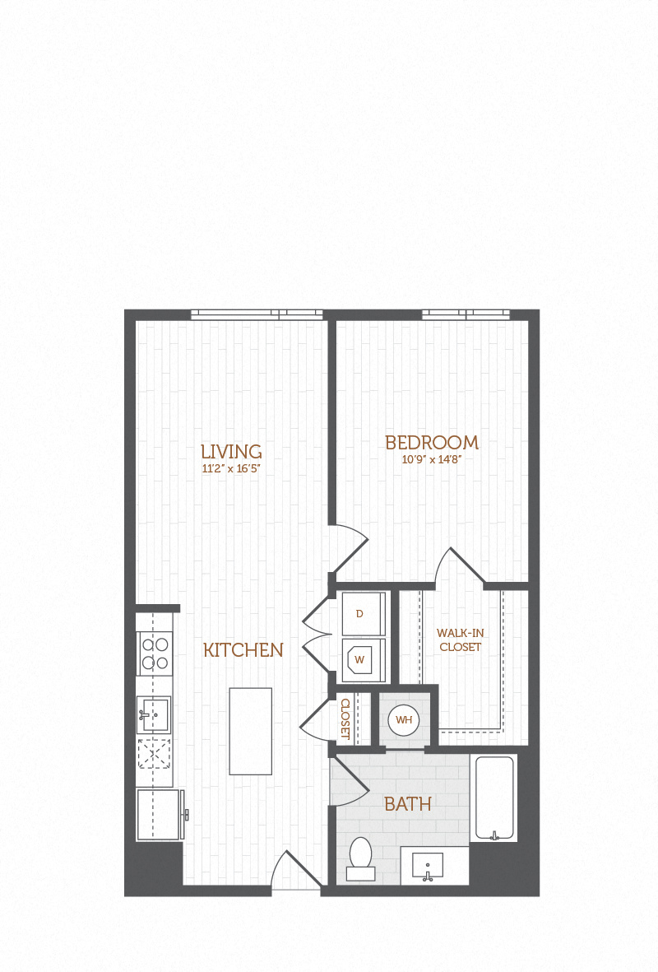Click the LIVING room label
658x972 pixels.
(x=231, y=451)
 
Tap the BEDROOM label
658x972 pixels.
(x=432, y=443)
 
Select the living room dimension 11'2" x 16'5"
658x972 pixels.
(x=231, y=469)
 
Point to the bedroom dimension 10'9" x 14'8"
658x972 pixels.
(x=432, y=460)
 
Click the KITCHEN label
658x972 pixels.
(x=243, y=650)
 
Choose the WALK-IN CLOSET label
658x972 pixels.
(x=461, y=639)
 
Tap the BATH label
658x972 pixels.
(x=408, y=804)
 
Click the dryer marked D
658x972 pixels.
(x=364, y=614)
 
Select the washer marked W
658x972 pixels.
(x=364, y=660)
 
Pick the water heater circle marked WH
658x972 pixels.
(x=404, y=719)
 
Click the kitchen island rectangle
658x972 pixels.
(x=250, y=732)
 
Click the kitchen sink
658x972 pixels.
(x=154, y=715)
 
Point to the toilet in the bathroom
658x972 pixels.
(x=360, y=858)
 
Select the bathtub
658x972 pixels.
(x=493, y=798)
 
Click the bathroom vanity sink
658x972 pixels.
(x=428, y=865)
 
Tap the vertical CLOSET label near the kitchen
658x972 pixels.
(x=345, y=719)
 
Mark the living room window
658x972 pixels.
(x=257, y=315)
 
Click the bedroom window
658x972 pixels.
(x=466, y=315)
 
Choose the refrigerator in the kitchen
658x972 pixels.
(x=158, y=815)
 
